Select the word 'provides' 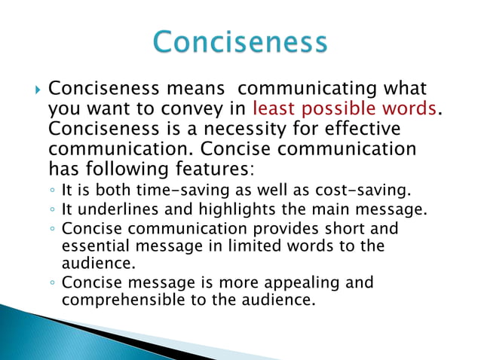coord(283,227)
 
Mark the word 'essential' coord(95,246)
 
